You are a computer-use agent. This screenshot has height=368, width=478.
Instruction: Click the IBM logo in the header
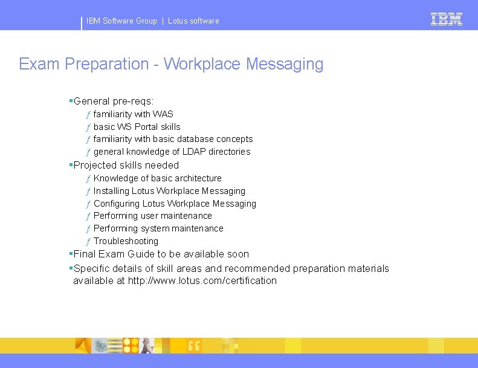click(447, 19)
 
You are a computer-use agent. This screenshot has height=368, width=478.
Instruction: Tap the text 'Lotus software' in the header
click(193, 21)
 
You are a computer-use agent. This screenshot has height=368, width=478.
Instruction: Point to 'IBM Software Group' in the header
click(121, 21)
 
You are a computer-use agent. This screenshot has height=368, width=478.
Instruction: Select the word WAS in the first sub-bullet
click(163, 114)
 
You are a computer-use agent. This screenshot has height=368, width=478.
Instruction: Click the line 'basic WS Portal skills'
click(137, 127)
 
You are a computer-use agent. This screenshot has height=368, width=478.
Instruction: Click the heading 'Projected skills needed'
click(126, 165)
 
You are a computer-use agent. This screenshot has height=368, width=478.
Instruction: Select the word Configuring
click(117, 204)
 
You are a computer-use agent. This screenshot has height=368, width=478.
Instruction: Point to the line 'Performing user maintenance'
click(152, 216)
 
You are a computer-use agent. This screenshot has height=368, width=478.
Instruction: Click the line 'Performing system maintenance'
click(158, 228)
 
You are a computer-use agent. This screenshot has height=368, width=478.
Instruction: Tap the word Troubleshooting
click(126, 241)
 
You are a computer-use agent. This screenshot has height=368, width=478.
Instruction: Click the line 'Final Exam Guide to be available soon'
click(161, 254)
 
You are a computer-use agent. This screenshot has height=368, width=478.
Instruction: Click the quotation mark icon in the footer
click(194, 346)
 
